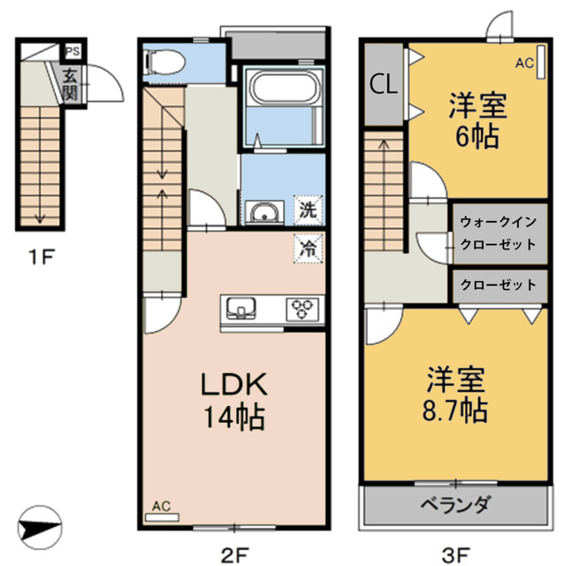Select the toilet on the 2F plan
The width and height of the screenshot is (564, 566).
click(x=164, y=61)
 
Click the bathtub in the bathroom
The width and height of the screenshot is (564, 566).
click(x=278, y=92)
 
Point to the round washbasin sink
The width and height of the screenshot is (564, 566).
click(x=263, y=213)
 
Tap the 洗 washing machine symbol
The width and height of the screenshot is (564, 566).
click(x=307, y=212)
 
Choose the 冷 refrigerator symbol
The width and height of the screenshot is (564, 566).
click(x=307, y=249)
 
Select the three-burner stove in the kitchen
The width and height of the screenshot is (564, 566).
click(x=301, y=308)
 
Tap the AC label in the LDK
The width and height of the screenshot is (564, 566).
click(x=161, y=506)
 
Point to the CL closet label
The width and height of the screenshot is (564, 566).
click(x=383, y=84)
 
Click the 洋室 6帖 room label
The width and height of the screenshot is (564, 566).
click(x=476, y=122)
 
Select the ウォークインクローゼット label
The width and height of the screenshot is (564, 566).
click(x=499, y=233)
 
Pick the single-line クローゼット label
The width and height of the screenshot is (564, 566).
click(x=498, y=285)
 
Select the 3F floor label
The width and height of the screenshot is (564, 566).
click(x=454, y=555)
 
